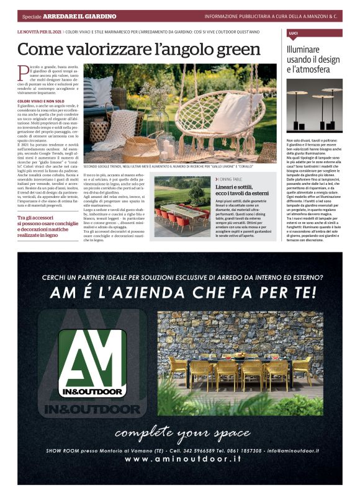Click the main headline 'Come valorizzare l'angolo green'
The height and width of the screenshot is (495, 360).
(139, 49)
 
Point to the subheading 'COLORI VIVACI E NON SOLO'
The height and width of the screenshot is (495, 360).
(41, 100)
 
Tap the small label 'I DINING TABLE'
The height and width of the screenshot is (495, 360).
(230, 178)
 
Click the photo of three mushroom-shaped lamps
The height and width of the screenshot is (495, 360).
(314, 109)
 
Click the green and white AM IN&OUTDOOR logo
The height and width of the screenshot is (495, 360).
(92, 363)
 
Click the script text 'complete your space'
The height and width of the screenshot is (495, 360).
(181, 431)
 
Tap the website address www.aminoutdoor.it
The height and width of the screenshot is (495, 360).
(183, 459)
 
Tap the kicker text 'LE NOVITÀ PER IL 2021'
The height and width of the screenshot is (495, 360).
(39, 30)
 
